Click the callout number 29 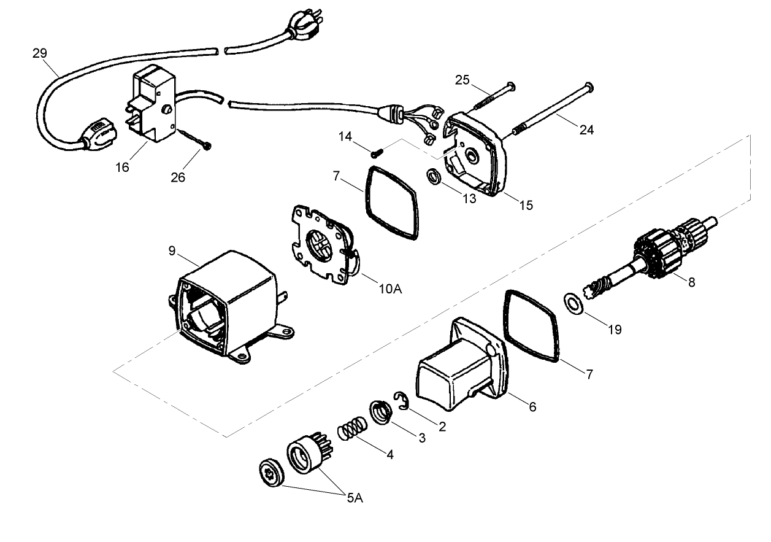pyautogui.click(x=39, y=53)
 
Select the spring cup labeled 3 pyautogui.click(x=382, y=411)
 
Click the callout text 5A pyautogui.click(x=354, y=498)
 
